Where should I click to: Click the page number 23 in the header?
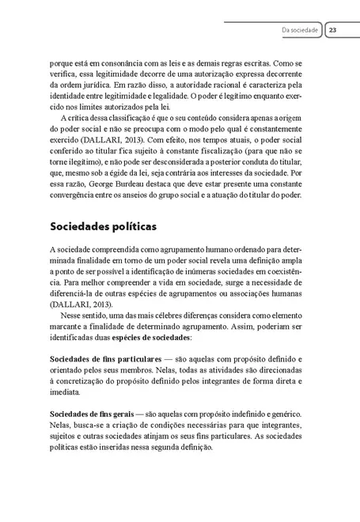(x=333, y=31)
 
